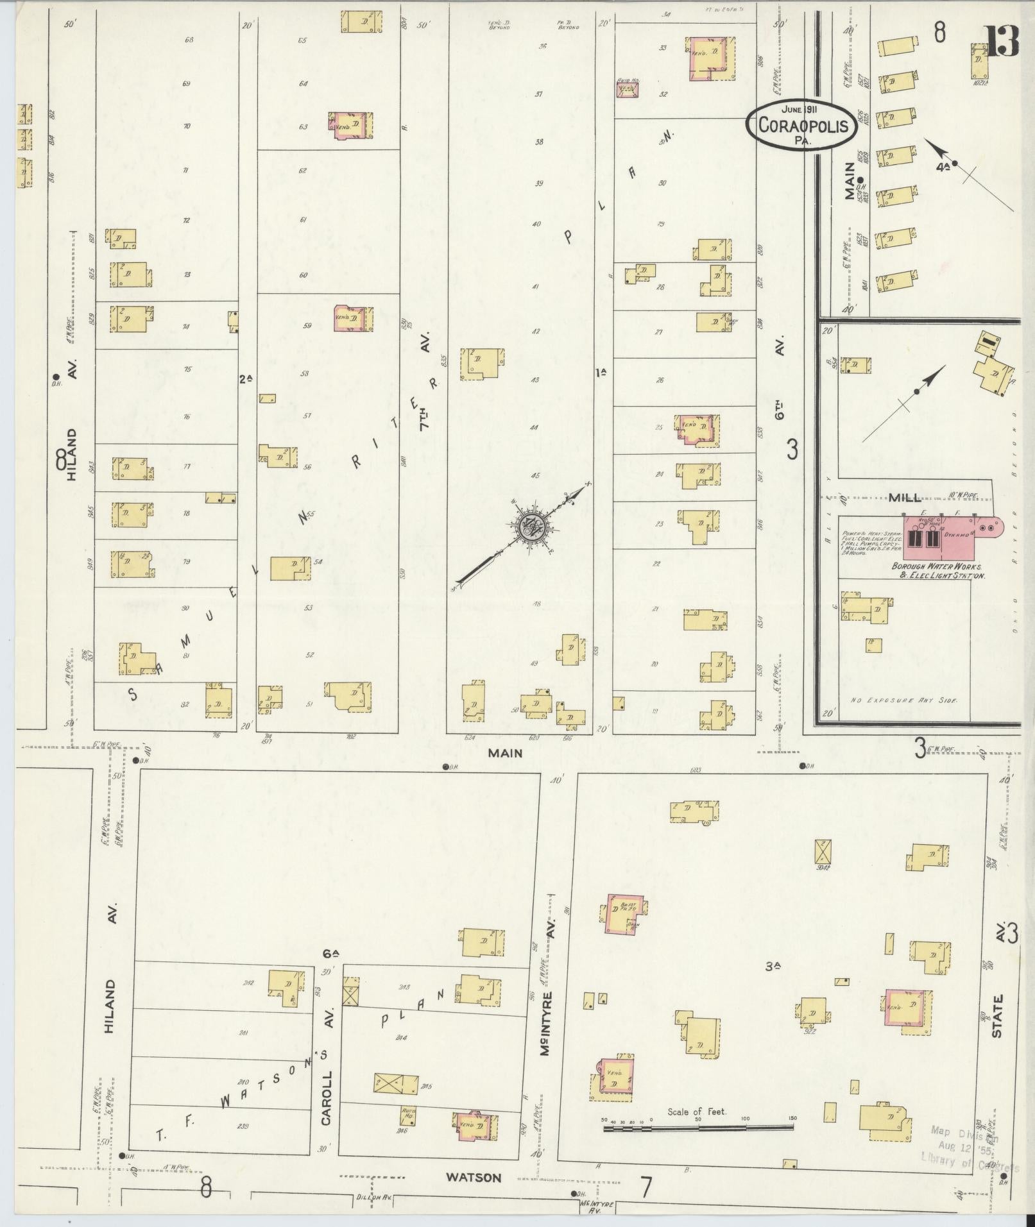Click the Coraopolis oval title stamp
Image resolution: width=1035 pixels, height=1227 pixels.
(x=802, y=124)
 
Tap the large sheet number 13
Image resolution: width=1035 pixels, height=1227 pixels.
(x=1002, y=42)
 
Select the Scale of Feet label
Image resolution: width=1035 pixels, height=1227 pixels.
(x=696, y=1112)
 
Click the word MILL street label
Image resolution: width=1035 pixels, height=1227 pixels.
(x=904, y=498)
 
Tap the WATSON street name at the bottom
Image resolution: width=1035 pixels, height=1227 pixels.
(x=474, y=1178)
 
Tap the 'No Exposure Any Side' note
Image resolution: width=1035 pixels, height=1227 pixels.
(x=903, y=701)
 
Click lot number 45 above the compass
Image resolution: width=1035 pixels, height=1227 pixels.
(x=535, y=475)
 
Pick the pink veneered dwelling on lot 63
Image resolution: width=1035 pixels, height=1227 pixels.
(x=351, y=125)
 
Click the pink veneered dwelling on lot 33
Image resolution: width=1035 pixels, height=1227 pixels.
(x=711, y=58)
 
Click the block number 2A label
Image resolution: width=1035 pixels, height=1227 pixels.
(x=246, y=379)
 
